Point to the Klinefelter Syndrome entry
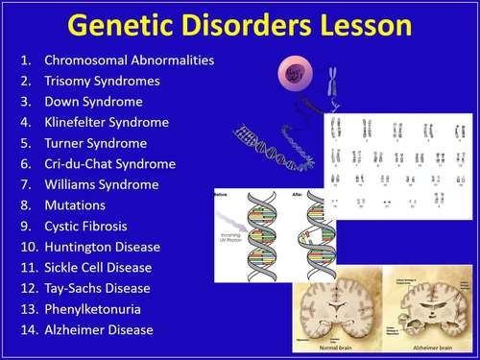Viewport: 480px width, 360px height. click(x=107, y=123)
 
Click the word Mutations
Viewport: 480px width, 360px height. click(x=75, y=205)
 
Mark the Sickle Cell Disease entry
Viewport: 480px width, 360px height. click(x=101, y=268)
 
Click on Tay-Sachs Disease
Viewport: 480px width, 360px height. click(x=97, y=288)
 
